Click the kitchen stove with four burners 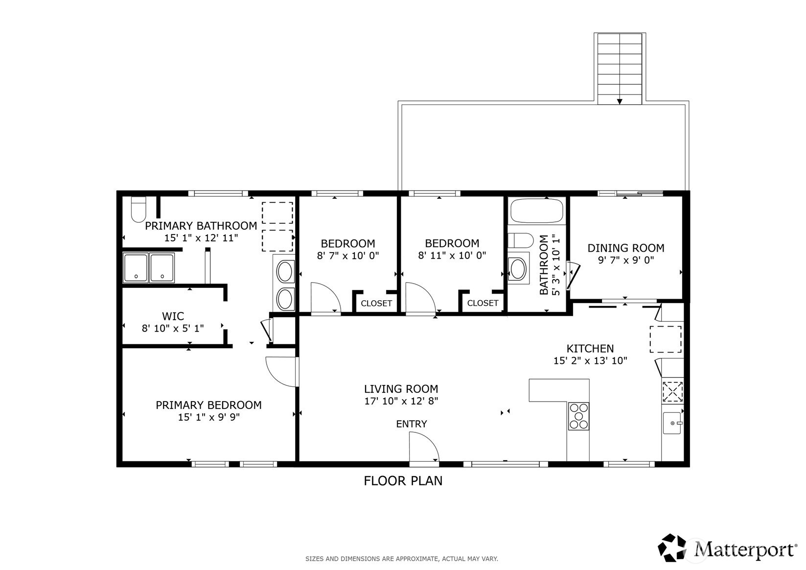[x=578, y=416]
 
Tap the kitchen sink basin [x=672, y=423]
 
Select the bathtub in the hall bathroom [x=536, y=211]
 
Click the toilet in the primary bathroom [x=138, y=210]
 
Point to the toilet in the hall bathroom [x=520, y=240]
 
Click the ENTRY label [x=411, y=424]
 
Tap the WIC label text [x=173, y=316]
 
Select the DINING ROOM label [x=626, y=248]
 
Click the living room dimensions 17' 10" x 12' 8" [x=401, y=401]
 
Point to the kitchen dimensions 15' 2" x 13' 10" [x=590, y=360]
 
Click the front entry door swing [x=424, y=447]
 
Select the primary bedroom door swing [x=281, y=372]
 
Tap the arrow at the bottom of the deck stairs [x=620, y=101]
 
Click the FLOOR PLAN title [x=403, y=481]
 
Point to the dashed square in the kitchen [x=666, y=339]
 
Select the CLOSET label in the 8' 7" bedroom [x=376, y=304]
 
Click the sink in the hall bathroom [x=518, y=268]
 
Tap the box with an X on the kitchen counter [x=672, y=392]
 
